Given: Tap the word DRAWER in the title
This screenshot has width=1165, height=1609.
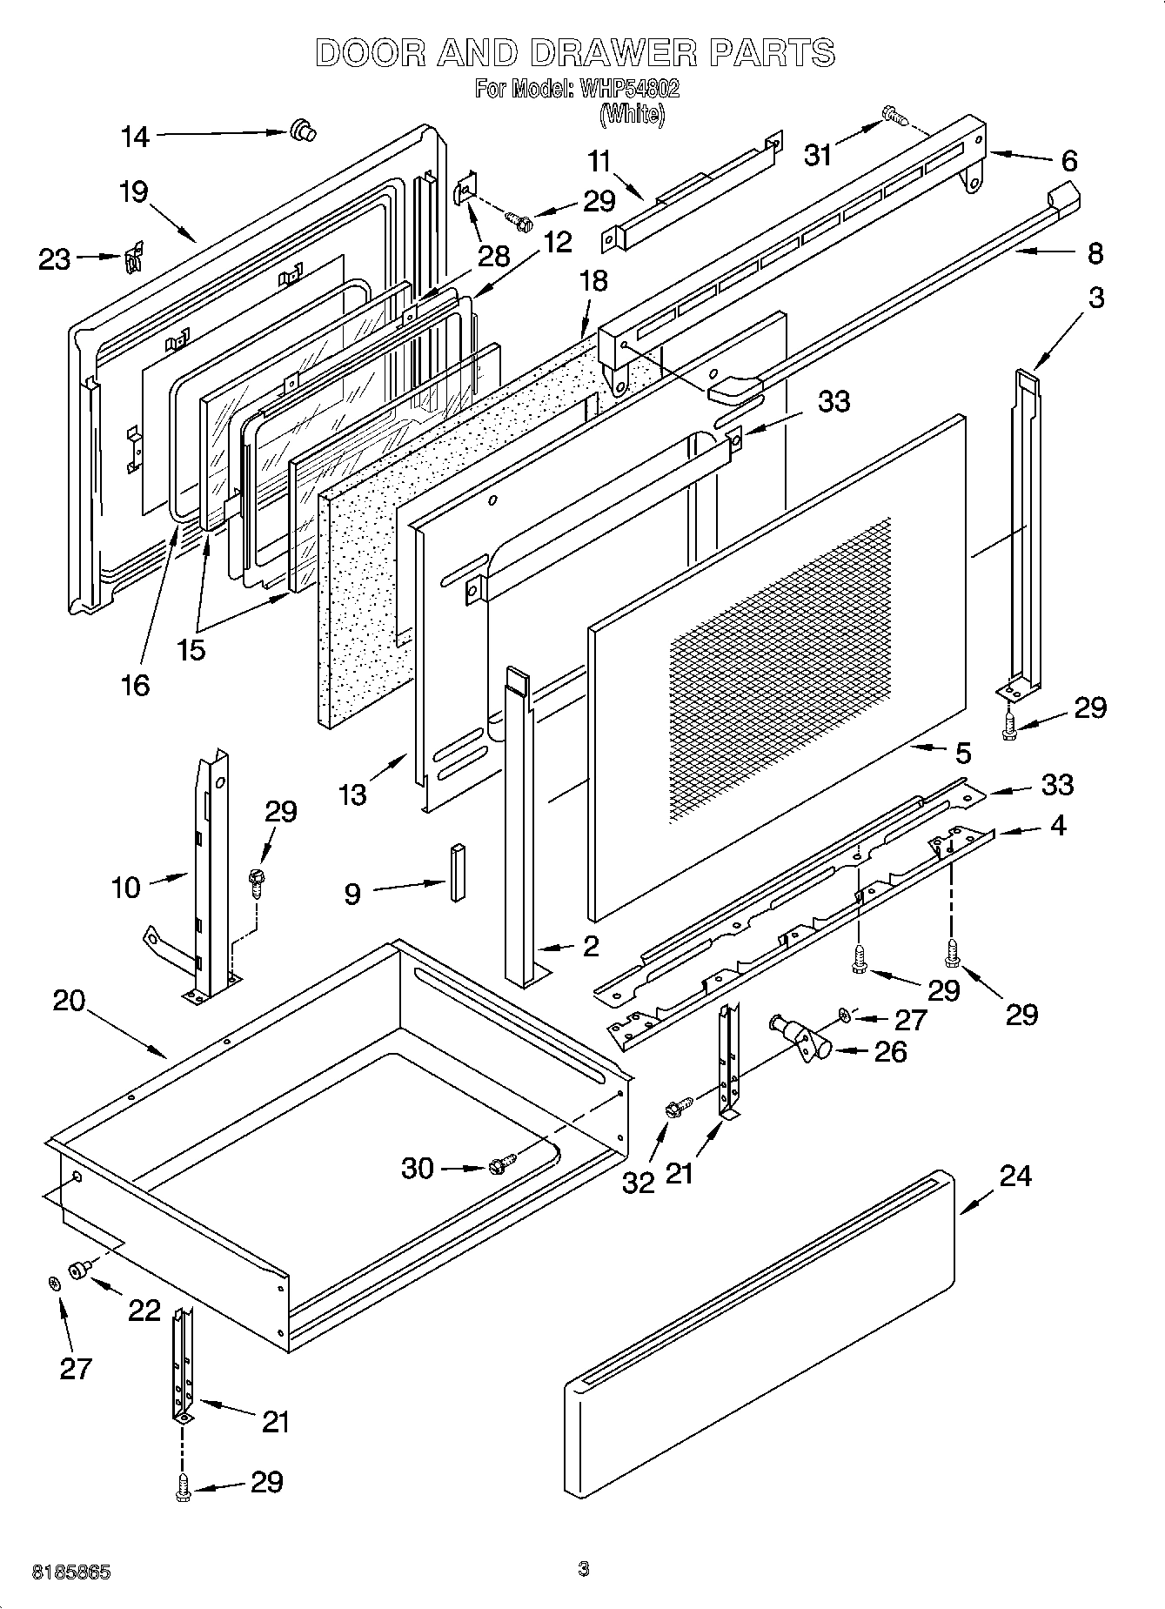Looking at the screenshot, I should (x=613, y=53).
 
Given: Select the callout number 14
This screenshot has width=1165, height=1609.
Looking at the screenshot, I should (x=135, y=136).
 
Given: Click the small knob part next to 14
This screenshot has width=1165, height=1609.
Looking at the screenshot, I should (x=304, y=131).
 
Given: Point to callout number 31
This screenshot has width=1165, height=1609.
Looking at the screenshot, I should (x=819, y=155).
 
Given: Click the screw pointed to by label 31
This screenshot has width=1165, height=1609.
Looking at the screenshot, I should (x=891, y=113).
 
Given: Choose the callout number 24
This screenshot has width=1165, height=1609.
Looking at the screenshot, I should (x=1015, y=1176).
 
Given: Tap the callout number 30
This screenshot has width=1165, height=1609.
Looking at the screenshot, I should (x=418, y=1168).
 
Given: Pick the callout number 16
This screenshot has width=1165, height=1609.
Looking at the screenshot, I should (x=136, y=684).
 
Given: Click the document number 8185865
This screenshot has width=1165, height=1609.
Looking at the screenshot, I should (x=71, y=1572).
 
